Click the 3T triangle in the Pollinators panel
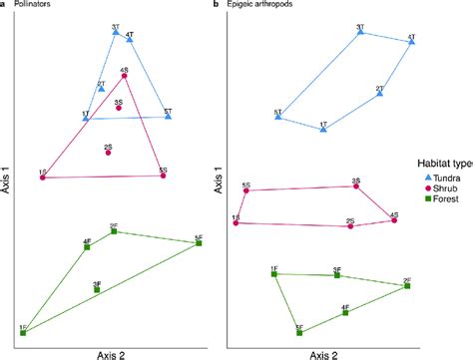point(117,33)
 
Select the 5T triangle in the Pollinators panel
point(169,117)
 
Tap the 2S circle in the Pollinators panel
point(108,153)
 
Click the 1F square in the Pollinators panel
point(23,332)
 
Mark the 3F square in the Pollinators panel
point(97,290)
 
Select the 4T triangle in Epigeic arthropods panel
point(410,43)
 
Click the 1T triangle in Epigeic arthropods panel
point(323,130)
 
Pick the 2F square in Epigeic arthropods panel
point(407,286)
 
